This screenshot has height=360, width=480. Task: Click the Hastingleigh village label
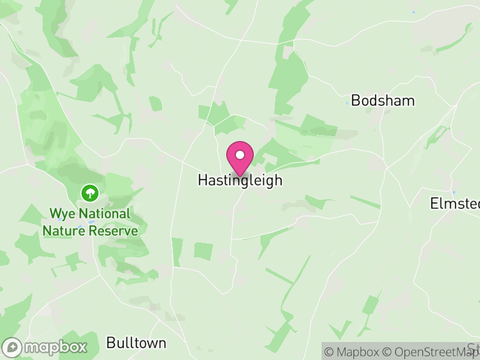point(239,181)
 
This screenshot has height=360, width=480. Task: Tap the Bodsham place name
point(382,100)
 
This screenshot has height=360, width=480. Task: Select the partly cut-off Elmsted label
point(455,203)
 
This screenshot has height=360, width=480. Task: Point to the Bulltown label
point(136,343)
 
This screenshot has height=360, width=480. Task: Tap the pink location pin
point(240,158)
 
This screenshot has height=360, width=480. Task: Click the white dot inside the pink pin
point(240,155)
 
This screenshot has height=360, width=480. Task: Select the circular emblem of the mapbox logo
point(13,347)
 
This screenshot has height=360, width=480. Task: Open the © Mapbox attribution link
point(354,352)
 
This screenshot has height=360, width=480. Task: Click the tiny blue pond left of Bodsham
point(347,103)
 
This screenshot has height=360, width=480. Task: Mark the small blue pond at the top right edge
point(413,12)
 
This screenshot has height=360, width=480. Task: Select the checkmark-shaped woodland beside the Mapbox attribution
point(340,328)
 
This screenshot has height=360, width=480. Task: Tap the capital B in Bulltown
point(110,343)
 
